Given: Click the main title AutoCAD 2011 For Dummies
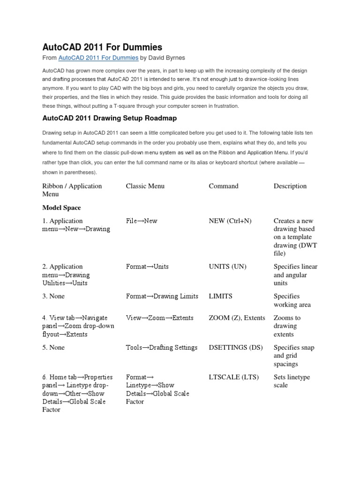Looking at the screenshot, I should click(102, 47).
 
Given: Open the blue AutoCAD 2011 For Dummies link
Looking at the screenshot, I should click(98, 58).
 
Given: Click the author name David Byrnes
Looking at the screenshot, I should click(170, 58).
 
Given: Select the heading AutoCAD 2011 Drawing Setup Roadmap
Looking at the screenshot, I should click(110, 118).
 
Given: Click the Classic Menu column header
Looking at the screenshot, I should click(145, 186).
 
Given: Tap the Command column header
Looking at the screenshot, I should click(224, 186).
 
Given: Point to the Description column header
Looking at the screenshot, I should click(290, 186).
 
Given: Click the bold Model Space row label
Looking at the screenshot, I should click(62, 208).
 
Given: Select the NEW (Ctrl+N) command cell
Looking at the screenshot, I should click(230, 221).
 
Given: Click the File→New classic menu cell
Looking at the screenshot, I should click(142, 221).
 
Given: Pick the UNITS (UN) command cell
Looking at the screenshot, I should click(227, 267).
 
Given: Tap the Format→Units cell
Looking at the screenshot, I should click(147, 267).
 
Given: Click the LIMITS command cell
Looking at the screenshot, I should click(221, 296).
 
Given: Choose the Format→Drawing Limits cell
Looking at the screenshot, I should click(162, 296).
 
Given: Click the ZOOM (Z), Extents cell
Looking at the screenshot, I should click(237, 318).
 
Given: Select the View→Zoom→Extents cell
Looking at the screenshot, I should click(159, 318).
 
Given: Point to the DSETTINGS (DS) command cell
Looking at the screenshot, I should click(236, 347).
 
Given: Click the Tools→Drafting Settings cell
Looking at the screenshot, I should click(162, 347).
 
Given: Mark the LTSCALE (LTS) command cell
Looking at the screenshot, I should click(233, 377).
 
